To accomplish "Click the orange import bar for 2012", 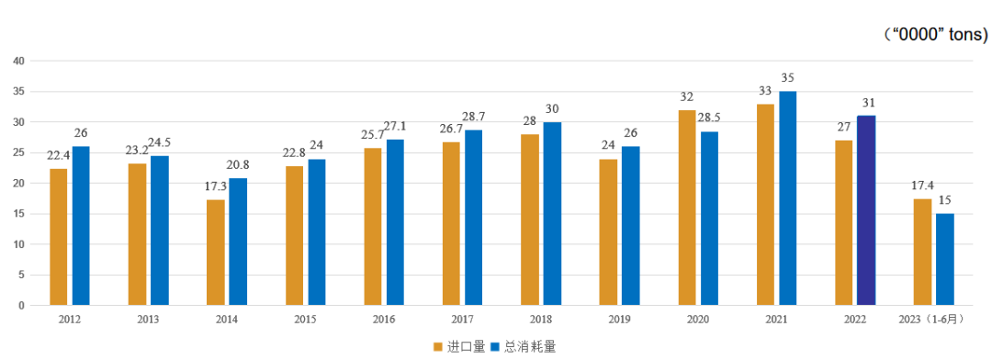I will pyautogui.click(x=59, y=237).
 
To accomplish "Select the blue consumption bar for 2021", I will pyautogui.click(x=788, y=197).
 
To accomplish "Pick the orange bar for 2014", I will pyautogui.click(x=216, y=253).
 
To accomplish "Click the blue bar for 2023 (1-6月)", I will pyautogui.click(x=944, y=259).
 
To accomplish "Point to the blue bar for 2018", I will pyautogui.click(x=552, y=213).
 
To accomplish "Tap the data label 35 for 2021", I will pyautogui.click(x=788, y=78).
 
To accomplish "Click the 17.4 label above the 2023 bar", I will pyautogui.click(x=920, y=186).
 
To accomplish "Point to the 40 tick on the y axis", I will pyautogui.click(x=18, y=61).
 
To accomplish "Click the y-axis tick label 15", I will pyautogui.click(x=18, y=214).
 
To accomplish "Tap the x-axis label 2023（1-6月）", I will pyautogui.click(x=932, y=319).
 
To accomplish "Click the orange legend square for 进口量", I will pyautogui.click(x=438, y=346).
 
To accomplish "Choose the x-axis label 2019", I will pyautogui.click(x=618, y=319).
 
